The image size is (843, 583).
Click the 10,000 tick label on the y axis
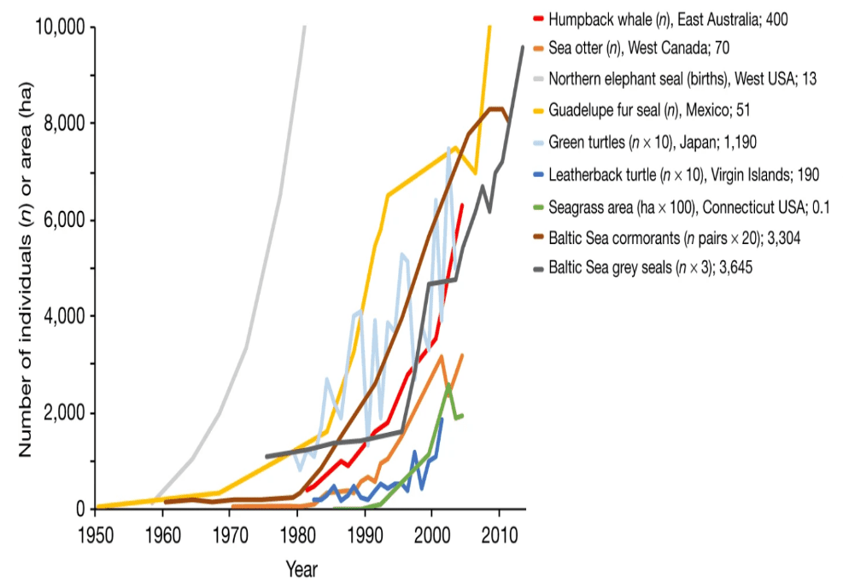[x=60, y=27]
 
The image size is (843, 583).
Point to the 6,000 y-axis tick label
[x=64, y=220]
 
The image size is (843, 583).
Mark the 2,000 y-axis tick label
[x=64, y=413]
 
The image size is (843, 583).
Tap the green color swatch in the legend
[x=537, y=206]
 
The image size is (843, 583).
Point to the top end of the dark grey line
[x=523, y=47]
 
